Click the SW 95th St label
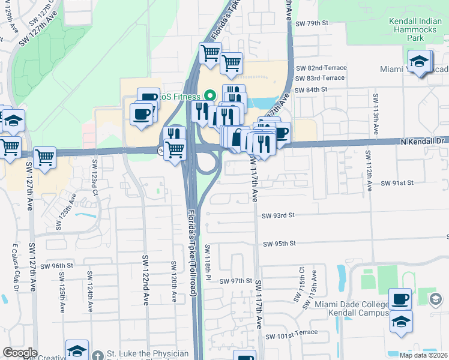(x=280, y=244)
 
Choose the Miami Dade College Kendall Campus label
(x=353, y=310)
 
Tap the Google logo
(x=20, y=353)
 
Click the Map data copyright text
(x=423, y=355)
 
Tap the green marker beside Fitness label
(x=210, y=95)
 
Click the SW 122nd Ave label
(x=145, y=280)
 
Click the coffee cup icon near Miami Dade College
(x=400, y=299)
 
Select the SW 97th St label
(x=235, y=281)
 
